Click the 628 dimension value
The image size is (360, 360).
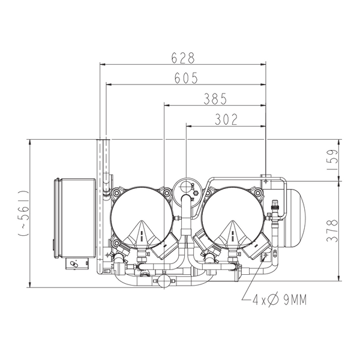(183, 58)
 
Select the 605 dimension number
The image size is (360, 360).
(186, 78)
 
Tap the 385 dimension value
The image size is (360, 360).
(215, 99)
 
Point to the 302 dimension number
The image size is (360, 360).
(226, 119)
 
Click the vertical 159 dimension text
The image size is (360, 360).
(332, 160)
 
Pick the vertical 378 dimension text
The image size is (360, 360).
(332, 231)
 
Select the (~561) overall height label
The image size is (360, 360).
(23, 213)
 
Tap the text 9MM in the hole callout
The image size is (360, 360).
(295, 300)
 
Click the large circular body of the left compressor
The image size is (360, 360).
(142, 218)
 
